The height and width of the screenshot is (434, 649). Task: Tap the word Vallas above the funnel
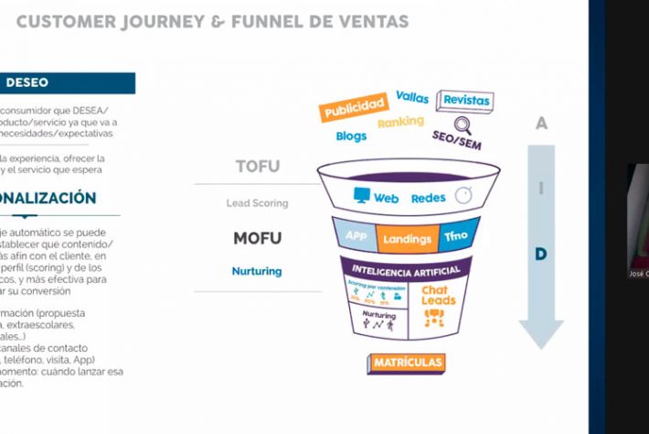pos(412,96)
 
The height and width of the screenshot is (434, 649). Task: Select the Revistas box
pos(465,100)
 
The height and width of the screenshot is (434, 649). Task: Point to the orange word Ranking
pos(400,122)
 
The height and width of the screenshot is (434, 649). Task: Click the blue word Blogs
pos(351,136)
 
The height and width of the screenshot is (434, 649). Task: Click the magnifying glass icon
pos(463,124)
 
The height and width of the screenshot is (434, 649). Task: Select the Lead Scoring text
pos(257,203)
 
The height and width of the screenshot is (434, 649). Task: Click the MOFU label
pos(257,239)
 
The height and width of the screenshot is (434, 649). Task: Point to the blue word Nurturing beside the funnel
pos(257,271)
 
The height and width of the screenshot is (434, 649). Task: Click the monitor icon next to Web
pos(362,196)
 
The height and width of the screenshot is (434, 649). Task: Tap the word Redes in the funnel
pos(428,197)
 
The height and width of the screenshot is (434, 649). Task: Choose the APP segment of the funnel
pos(356,236)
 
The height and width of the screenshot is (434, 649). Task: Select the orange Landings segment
pos(407,239)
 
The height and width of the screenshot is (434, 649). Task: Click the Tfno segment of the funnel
pos(455,236)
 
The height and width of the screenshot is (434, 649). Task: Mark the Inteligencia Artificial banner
pos(406,268)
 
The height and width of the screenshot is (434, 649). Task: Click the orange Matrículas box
pos(408,363)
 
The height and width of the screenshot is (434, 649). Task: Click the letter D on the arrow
pos(541,254)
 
